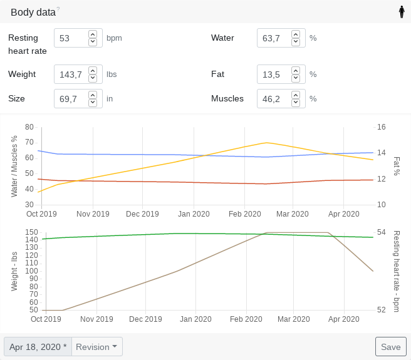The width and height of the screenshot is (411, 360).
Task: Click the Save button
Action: pos(390,347)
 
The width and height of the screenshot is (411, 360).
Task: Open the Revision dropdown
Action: pos(97,347)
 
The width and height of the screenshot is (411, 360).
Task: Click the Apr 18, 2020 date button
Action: pos(38,347)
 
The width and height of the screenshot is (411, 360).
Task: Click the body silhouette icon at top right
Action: pos(402,12)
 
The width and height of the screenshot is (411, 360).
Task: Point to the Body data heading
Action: pos(33,12)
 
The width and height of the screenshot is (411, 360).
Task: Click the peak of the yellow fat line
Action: pos(267,143)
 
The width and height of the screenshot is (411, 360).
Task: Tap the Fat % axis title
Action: pos(397,166)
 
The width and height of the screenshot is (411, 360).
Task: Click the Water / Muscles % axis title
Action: pos(14,166)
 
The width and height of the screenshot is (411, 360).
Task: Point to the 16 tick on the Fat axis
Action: pos(381,127)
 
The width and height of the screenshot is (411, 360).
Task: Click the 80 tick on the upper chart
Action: pos(29,127)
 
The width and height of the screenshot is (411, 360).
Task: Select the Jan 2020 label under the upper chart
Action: pos(194,213)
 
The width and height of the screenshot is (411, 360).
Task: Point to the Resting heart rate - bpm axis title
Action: pos(397,271)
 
